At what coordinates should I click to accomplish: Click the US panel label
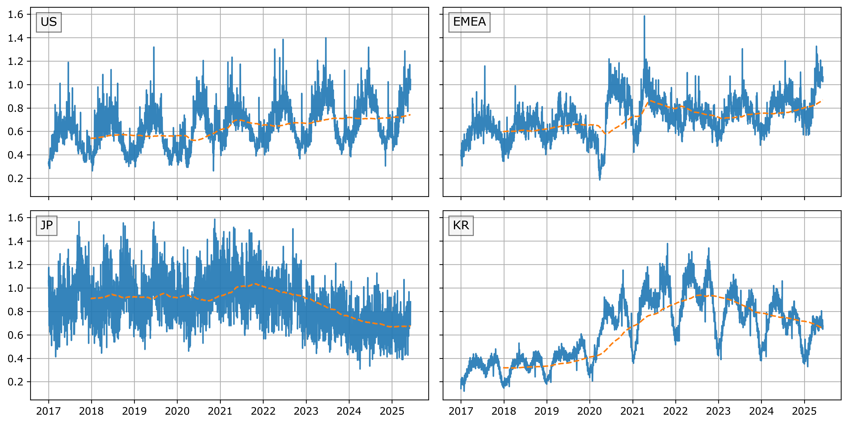click(49, 22)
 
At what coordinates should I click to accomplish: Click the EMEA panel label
click(469, 22)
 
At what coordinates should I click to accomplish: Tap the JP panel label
click(46, 225)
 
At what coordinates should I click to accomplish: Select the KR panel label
click(461, 225)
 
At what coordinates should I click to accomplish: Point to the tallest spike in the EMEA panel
click(644, 16)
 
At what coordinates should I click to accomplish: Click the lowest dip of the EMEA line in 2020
click(599, 179)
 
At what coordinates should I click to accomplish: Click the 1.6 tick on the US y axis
click(16, 15)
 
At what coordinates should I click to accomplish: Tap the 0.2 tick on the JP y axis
click(16, 382)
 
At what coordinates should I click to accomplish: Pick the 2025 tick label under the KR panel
click(804, 411)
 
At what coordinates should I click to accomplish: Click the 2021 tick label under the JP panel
click(220, 411)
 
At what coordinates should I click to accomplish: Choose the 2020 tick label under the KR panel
click(590, 411)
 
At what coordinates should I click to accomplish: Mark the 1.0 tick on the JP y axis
click(16, 288)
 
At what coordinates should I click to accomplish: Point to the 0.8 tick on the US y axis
click(16, 108)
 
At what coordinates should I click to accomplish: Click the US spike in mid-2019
click(154, 47)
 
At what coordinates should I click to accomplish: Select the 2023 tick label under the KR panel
click(718, 411)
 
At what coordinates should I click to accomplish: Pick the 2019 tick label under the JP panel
click(134, 411)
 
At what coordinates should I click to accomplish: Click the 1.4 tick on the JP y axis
click(16, 241)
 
